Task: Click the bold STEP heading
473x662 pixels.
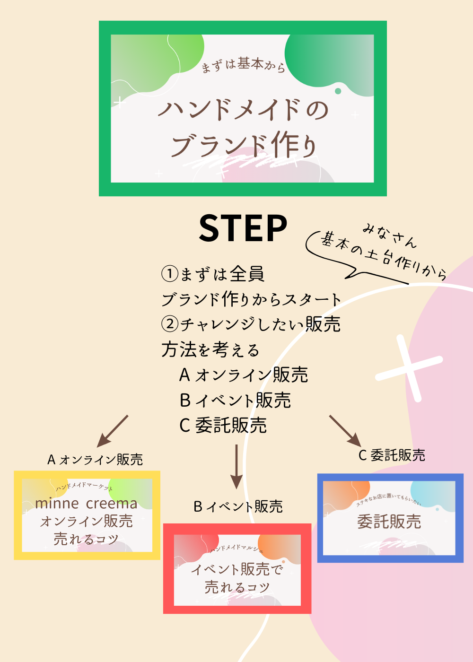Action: click(243, 228)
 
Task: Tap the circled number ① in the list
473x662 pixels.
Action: click(170, 274)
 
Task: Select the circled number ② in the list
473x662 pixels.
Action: click(170, 324)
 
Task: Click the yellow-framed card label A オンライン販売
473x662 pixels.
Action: click(95, 460)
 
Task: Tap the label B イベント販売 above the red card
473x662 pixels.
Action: click(238, 507)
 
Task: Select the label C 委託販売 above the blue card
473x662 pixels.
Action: click(392, 455)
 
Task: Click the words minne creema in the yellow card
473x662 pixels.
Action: click(86, 504)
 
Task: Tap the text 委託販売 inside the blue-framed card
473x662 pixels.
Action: click(389, 522)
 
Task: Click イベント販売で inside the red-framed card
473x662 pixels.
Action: click(236, 569)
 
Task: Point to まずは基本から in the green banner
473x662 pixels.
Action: click(243, 65)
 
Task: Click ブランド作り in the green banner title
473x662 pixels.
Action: click(243, 144)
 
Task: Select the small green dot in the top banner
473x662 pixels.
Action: click(338, 91)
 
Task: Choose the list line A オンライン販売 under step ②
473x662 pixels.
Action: click(244, 375)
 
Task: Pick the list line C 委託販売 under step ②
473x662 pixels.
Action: click(223, 426)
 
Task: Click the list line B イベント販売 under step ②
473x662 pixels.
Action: click(235, 401)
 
